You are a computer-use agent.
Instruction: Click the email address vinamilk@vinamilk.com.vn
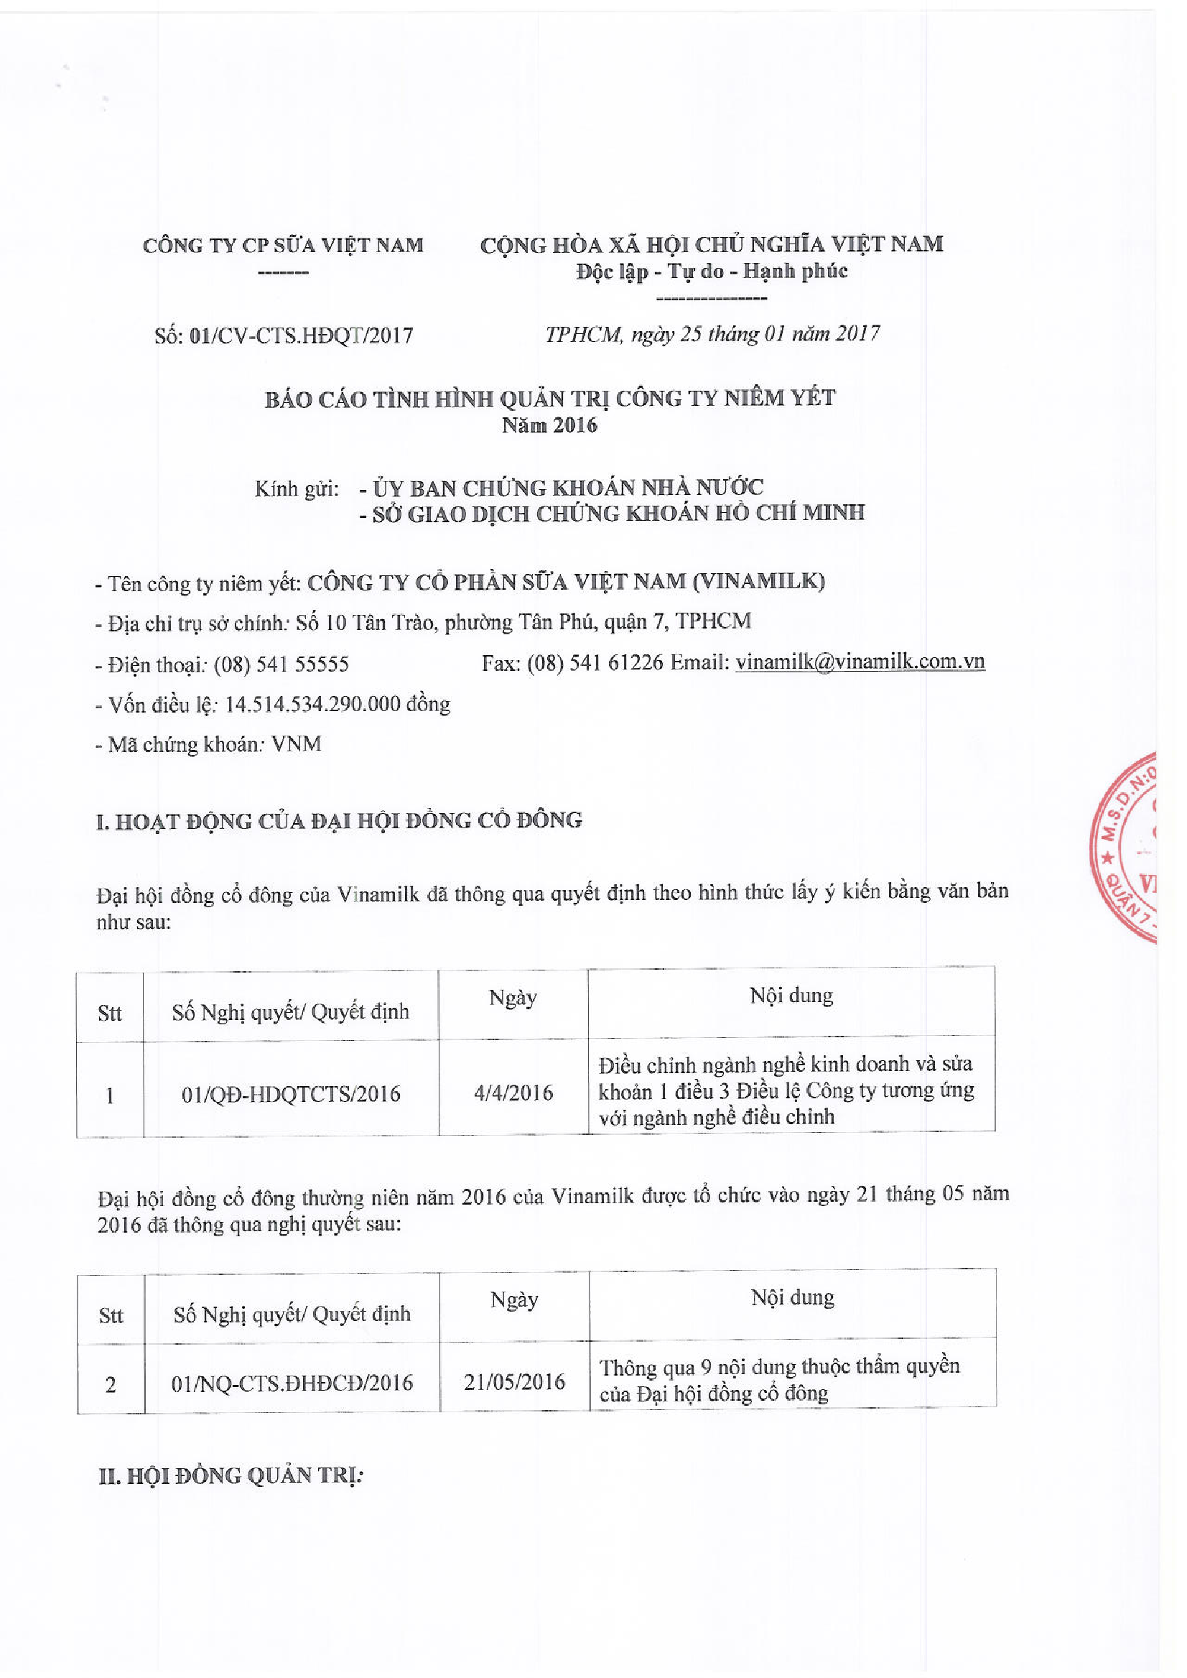point(860,662)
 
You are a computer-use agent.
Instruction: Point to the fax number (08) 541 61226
point(595,662)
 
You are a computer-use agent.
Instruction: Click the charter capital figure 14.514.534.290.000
point(312,704)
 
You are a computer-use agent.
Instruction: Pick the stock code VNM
point(296,744)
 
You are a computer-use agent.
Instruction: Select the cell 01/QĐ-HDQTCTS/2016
point(291,1094)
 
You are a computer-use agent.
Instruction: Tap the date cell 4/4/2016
point(513,1093)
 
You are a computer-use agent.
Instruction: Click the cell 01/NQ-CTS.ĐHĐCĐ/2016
point(292,1383)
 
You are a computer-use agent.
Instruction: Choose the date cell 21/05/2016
point(514,1381)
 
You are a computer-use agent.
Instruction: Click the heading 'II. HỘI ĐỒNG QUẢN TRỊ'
point(231,1475)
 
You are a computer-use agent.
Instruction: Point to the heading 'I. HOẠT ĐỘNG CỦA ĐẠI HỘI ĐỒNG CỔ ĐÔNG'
point(339,821)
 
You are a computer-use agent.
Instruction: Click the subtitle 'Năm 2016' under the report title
point(549,425)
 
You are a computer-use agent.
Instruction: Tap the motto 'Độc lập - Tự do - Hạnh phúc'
point(711,272)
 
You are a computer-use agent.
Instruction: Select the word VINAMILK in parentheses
point(759,581)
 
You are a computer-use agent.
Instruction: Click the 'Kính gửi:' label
point(296,488)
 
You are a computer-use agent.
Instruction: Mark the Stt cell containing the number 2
point(111,1384)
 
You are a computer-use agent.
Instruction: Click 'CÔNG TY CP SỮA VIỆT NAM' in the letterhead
point(283,245)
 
